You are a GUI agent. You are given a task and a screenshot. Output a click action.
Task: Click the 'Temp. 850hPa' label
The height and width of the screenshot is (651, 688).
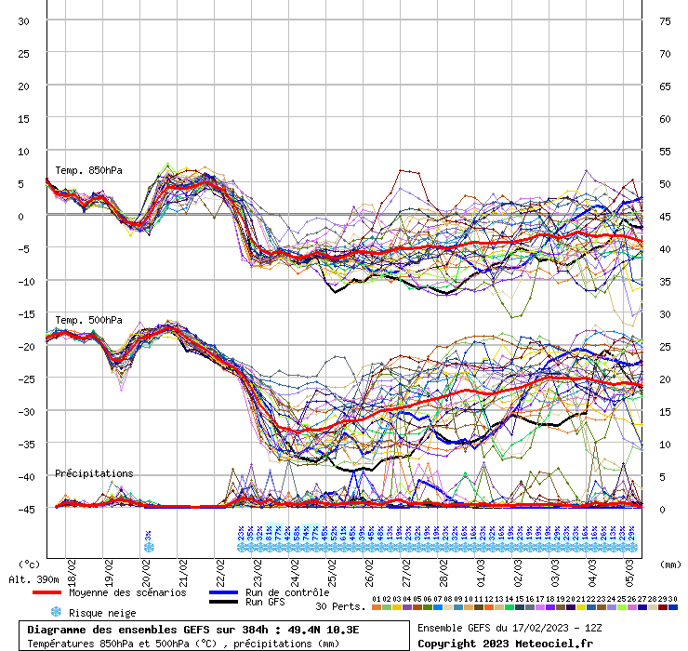88,170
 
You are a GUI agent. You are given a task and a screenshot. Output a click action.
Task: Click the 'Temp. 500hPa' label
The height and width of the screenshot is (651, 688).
88,321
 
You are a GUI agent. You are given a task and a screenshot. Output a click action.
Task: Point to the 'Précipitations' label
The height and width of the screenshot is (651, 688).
94,473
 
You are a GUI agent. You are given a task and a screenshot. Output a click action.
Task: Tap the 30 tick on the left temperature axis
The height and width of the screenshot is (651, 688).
23,20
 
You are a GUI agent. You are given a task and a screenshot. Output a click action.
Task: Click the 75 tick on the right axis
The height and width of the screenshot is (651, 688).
665,20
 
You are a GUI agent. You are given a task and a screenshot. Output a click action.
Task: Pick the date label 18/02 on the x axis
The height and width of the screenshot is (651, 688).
72,569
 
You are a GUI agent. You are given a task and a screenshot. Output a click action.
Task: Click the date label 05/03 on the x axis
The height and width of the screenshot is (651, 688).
629,569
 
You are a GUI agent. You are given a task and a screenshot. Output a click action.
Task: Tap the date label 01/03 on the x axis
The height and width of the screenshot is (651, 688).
481,569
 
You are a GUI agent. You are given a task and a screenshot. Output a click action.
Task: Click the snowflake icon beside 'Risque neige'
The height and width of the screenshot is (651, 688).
56,613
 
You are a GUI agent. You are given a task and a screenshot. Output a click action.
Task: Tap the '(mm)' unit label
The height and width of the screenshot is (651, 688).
668,564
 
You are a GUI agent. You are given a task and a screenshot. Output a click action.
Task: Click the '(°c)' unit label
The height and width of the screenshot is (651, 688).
31,564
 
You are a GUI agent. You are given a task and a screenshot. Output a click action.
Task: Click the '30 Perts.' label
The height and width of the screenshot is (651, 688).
340,606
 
